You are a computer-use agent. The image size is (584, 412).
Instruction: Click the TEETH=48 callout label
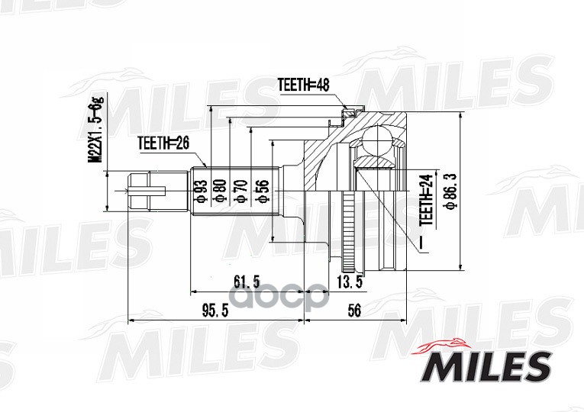coord(304,85)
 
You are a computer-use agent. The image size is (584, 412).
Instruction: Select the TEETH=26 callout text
coord(163,143)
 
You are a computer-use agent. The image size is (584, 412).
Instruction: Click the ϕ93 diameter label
coord(201,192)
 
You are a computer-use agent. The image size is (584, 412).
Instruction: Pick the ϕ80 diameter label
coord(221,192)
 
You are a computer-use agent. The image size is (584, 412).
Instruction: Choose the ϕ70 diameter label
coord(241,192)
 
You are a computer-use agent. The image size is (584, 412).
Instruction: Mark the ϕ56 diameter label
coord(262,192)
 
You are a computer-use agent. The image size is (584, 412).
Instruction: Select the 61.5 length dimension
coord(246,282)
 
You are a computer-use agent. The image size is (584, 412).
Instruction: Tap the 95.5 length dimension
coord(215,311)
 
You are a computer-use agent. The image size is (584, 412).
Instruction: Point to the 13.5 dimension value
coord(350,282)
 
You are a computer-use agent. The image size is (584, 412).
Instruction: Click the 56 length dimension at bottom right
coord(354,310)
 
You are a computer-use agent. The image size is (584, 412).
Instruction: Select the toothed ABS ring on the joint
coord(347,232)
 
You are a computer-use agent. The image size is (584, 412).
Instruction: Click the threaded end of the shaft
coord(157,191)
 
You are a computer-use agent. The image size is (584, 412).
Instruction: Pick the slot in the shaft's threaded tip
coord(147,191)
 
